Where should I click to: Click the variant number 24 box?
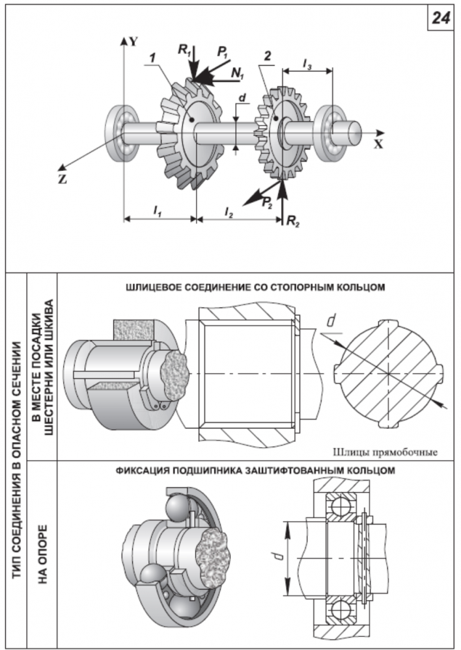click(440, 18)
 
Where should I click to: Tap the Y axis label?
click(133, 40)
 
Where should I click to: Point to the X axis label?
click(378, 144)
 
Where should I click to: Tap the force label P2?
click(266, 203)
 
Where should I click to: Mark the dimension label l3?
click(307, 62)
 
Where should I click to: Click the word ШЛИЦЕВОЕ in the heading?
click(156, 285)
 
